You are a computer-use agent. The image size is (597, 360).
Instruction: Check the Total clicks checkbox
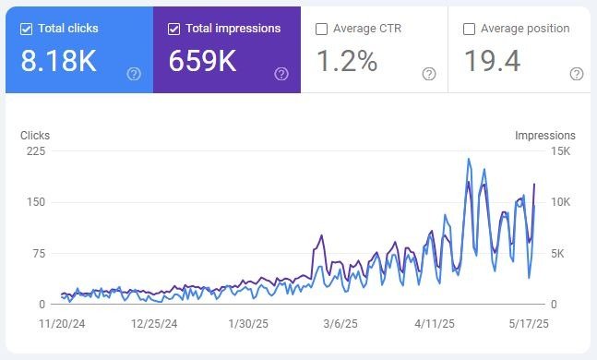(x=26, y=29)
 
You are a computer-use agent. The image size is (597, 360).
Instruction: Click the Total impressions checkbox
(x=173, y=29)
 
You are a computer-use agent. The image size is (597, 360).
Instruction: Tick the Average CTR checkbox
(x=321, y=29)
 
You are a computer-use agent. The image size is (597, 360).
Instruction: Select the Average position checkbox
(x=469, y=29)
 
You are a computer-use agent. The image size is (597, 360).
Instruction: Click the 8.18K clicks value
(x=59, y=61)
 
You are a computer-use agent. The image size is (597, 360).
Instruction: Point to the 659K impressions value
(x=203, y=61)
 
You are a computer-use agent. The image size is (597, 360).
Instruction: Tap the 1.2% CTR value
(x=347, y=61)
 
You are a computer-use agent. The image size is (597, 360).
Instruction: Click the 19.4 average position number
(x=492, y=61)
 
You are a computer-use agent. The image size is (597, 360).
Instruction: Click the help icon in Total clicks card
(x=134, y=74)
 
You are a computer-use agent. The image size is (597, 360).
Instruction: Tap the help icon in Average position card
(x=577, y=74)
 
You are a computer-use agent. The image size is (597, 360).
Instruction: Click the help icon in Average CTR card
(x=429, y=74)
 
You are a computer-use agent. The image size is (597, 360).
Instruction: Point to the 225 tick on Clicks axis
(x=36, y=151)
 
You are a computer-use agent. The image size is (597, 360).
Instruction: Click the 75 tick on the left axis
(x=39, y=253)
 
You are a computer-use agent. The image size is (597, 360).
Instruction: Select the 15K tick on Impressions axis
(x=560, y=151)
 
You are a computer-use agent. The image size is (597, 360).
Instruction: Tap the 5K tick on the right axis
(x=557, y=253)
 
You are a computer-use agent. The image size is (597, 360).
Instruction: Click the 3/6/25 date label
(x=340, y=324)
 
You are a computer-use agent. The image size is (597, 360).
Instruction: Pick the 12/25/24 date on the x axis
(x=154, y=324)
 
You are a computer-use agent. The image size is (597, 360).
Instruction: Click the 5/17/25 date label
(x=529, y=324)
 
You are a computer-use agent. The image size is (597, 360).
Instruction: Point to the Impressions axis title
(x=545, y=136)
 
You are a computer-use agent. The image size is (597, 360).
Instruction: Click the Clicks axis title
(x=35, y=136)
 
